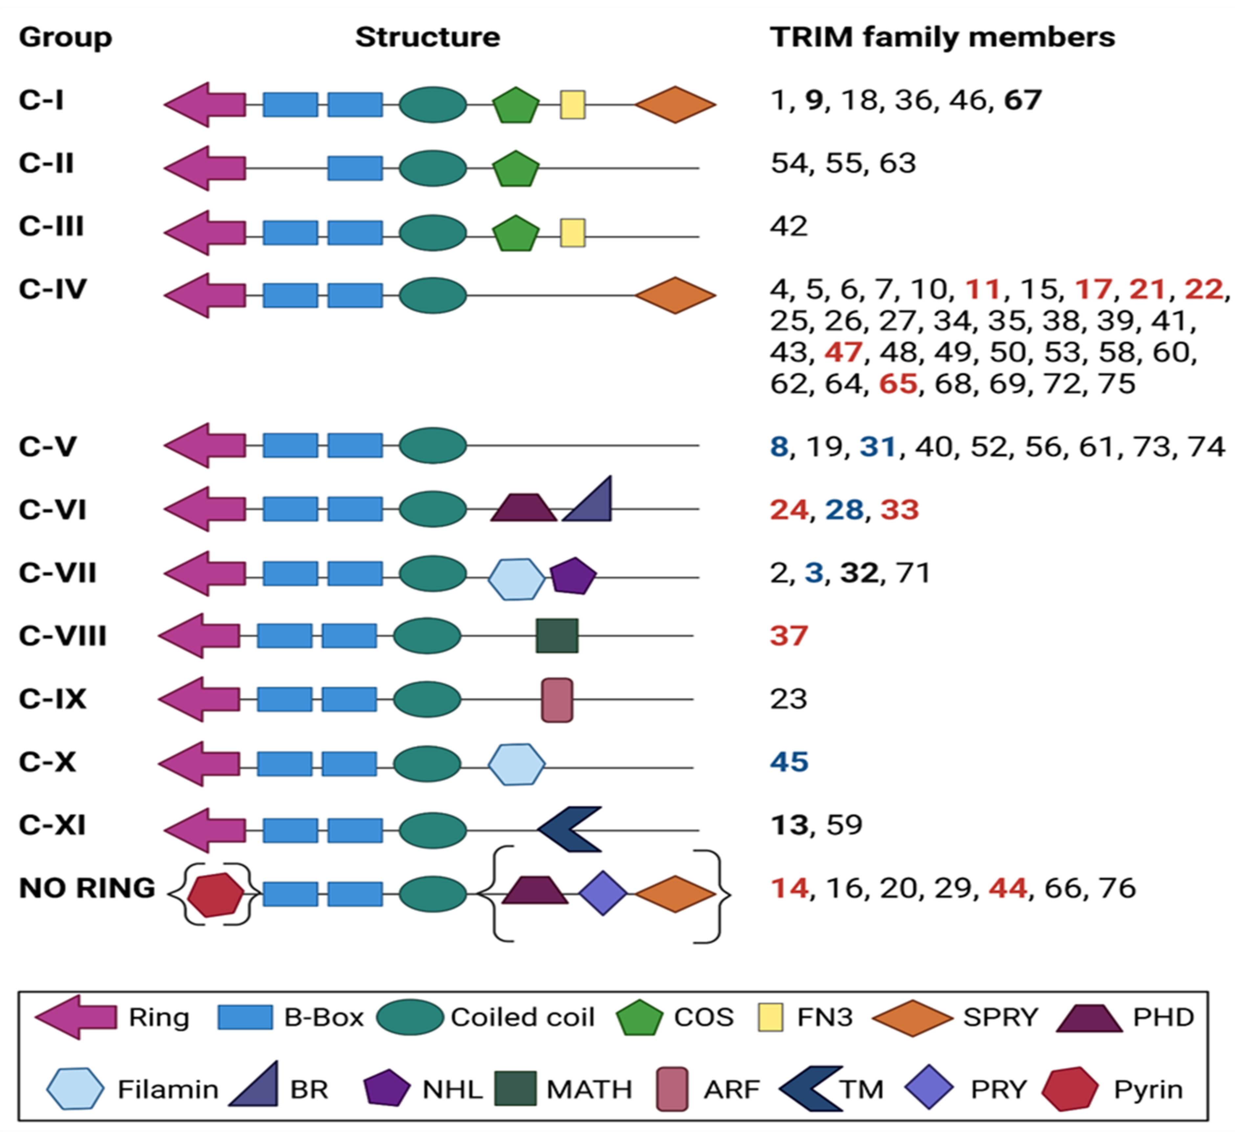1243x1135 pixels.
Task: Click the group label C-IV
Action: click(x=53, y=289)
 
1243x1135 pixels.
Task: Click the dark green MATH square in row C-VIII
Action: click(x=557, y=635)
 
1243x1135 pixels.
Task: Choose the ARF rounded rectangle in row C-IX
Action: click(x=557, y=700)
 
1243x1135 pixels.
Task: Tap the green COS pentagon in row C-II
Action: click(x=515, y=168)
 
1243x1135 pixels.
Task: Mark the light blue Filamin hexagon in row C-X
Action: click(x=517, y=765)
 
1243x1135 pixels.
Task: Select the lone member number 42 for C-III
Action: click(x=789, y=226)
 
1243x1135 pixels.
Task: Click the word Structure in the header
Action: click(x=427, y=37)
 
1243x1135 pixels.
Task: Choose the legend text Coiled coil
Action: click(x=522, y=1017)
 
